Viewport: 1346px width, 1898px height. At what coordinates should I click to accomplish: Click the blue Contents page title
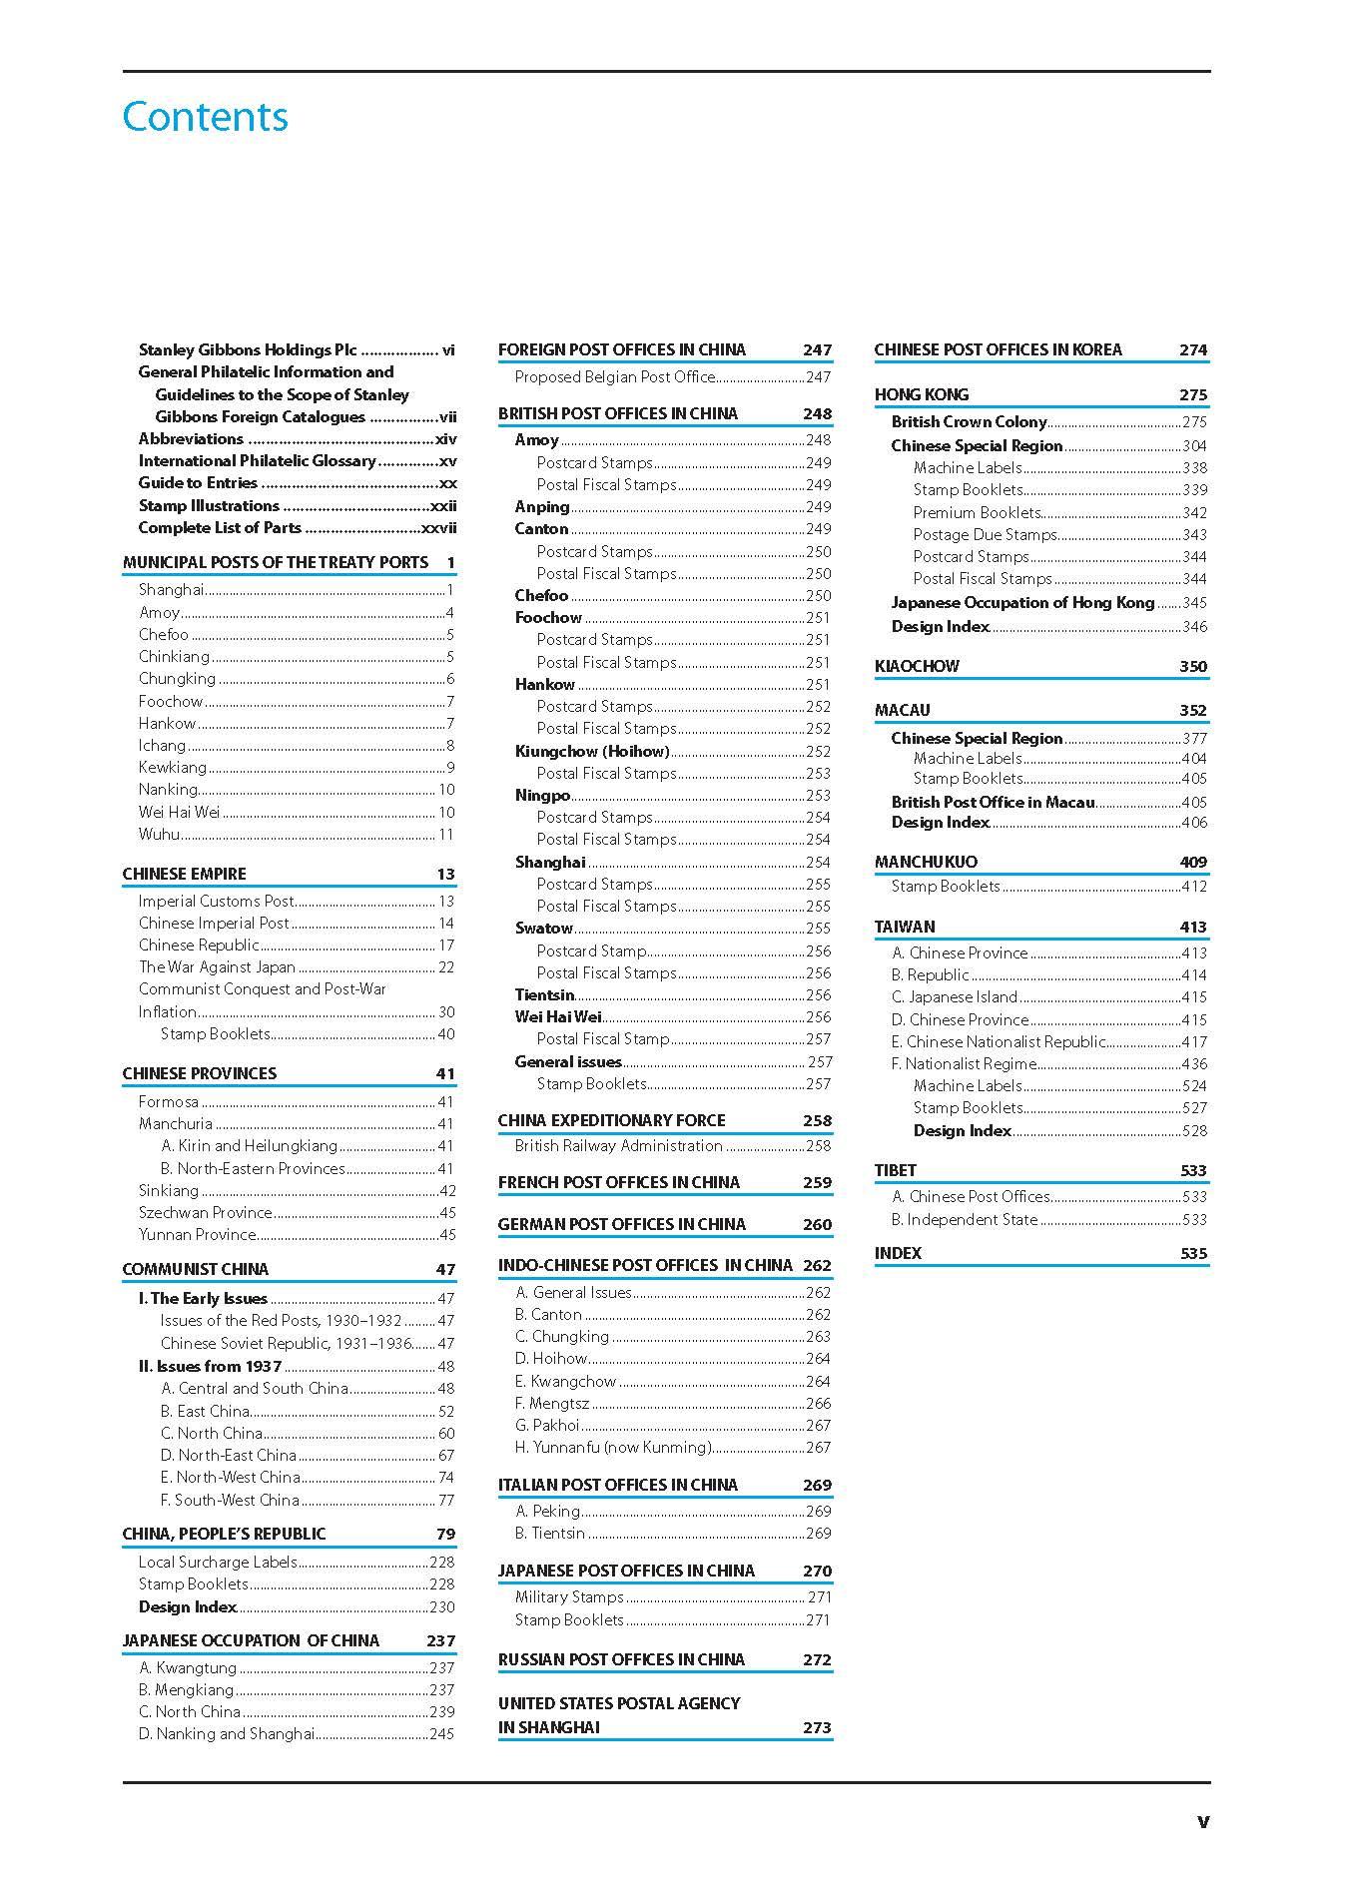[x=205, y=117]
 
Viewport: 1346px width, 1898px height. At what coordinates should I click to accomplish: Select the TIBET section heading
[x=896, y=1170]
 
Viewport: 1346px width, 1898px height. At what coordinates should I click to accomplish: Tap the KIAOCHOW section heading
[x=917, y=666]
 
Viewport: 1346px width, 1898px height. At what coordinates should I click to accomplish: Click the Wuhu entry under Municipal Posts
[x=160, y=834]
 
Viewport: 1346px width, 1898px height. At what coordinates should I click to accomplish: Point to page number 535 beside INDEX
[x=1193, y=1253]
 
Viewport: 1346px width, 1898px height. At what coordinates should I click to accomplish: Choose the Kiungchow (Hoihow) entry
[x=592, y=751]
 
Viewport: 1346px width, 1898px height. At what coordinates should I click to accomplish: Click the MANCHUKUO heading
[x=926, y=862]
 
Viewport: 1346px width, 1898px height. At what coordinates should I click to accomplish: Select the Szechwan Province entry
[x=205, y=1212]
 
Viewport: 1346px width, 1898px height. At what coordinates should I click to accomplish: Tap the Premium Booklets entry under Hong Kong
[x=978, y=512]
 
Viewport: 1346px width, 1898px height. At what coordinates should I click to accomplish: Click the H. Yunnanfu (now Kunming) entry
[x=613, y=1447]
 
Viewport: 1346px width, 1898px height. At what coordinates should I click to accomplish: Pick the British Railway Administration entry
[x=618, y=1145]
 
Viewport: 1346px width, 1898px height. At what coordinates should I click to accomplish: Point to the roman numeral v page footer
[x=1202, y=1821]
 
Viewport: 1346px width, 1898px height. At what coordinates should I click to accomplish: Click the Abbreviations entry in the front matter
[x=191, y=438]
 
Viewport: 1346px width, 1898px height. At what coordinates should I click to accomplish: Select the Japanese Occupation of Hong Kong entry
[x=1022, y=602]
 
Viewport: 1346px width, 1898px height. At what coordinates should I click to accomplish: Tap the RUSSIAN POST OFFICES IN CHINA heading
[x=621, y=1659]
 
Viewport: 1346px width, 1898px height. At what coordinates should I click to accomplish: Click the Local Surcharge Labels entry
[x=218, y=1562]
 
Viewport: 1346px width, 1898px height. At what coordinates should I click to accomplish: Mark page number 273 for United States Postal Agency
[x=817, y=1727]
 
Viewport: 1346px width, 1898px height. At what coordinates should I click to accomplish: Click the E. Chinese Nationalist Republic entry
[x=999, y=1041]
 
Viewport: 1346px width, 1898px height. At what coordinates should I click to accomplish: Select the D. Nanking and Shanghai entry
[x=227, y=1733]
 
